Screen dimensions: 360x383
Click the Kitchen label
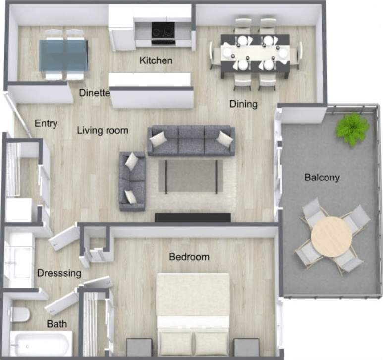pyautogui.click(x=156, y=61)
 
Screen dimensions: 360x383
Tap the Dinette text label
pyautogui.click(x=94, y=93)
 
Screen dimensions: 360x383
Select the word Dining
pyautogui.click(x=243, y=104)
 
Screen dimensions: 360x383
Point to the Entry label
pyautogui.click(x=46, y=123)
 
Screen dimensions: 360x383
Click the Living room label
pyautogui.click(x=103, y=131)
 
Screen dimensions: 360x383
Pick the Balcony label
pyautogui.click(x=322, y=177)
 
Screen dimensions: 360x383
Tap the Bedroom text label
pyautogui.click(x=189, y=257)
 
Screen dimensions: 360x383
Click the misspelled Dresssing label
pyautogui.click(x=59, y=273)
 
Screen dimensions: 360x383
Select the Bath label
pyautogui.click(x=57, y=324)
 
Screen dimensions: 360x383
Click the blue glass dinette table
pyautogui.click(x=63, y=55)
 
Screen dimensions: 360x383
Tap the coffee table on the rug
pyautogui.click(x=191, y=175)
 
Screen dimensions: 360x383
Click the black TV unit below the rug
pyautogui.click(x=193, y=217)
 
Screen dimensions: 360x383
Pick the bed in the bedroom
pyautogui.click(x=193, y=312)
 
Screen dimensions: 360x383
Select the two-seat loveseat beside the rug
pyautogui.click(x=132, y=180)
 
